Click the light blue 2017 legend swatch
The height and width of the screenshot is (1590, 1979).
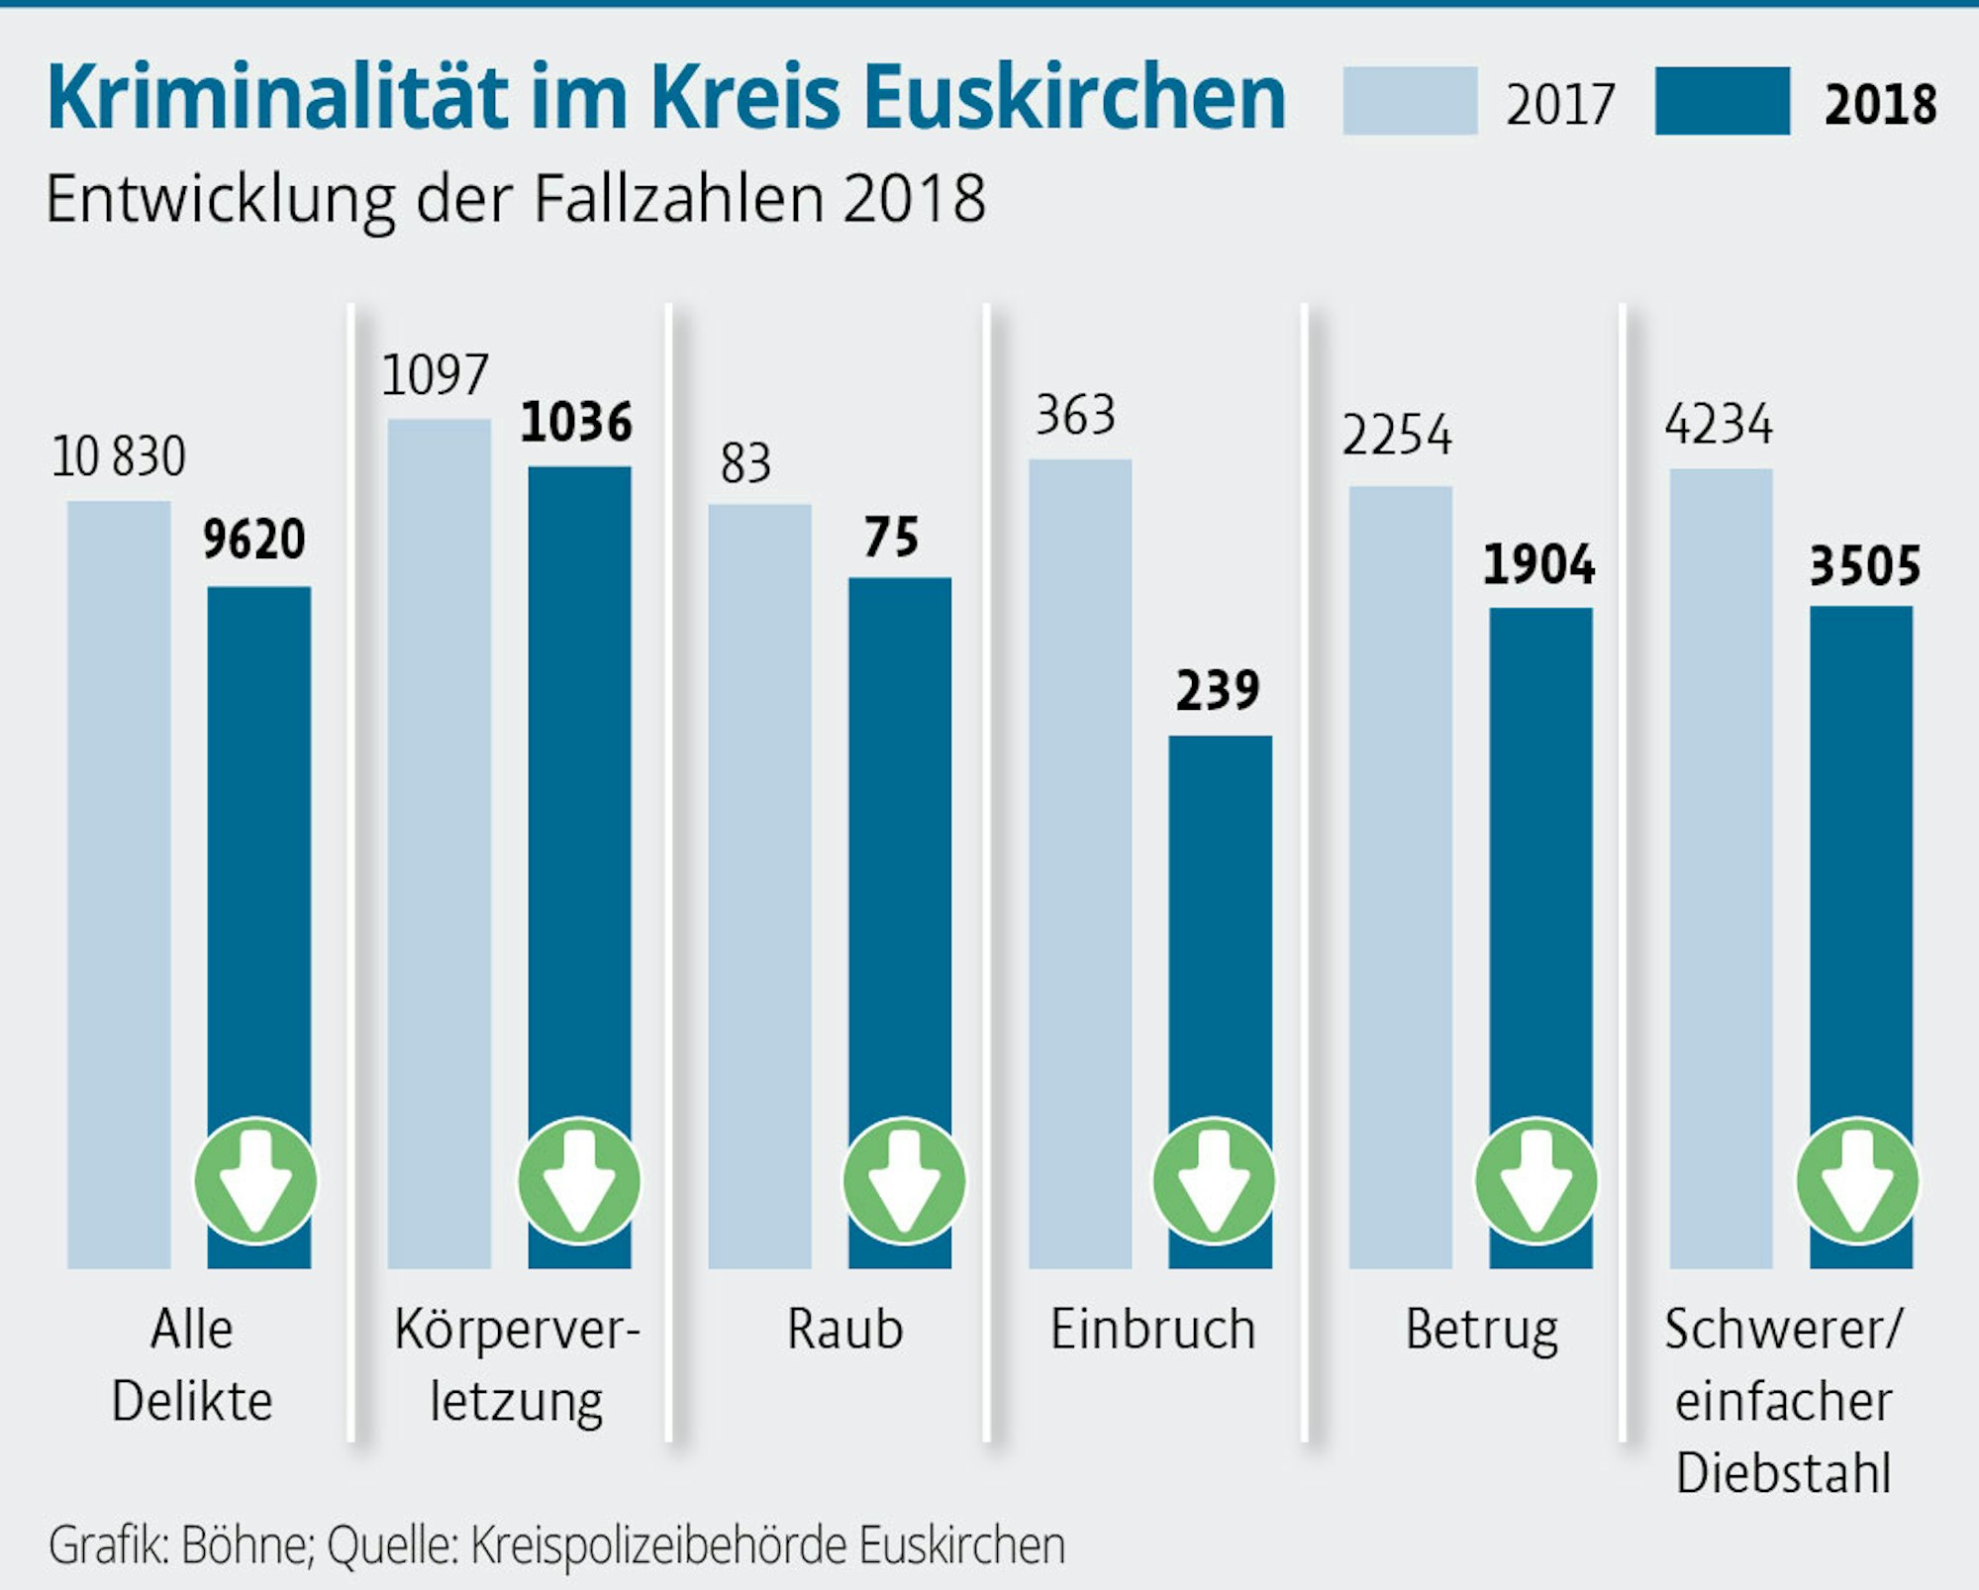click(1410, 101)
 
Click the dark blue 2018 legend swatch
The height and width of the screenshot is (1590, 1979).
click(1722, 101)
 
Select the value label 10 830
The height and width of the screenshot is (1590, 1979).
click(118, 457)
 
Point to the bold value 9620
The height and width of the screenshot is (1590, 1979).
click(254, 541)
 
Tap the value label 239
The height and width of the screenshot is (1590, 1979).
click(1218, 691)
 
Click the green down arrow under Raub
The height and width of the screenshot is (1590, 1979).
click(903, 1181)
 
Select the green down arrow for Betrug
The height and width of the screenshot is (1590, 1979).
click(1536, 1181)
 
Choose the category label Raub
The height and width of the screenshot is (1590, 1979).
click(844, 1329)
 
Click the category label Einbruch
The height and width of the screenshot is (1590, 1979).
click(1152, 1329)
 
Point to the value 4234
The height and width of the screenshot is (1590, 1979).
click(1719, 425)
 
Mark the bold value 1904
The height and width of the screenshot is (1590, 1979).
click(1538, 565)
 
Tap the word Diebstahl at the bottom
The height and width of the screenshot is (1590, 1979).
click(1783, 1472)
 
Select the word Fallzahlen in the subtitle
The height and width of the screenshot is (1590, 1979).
click(678, 199)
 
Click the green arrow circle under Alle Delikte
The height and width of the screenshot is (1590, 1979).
click(255, 1181)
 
